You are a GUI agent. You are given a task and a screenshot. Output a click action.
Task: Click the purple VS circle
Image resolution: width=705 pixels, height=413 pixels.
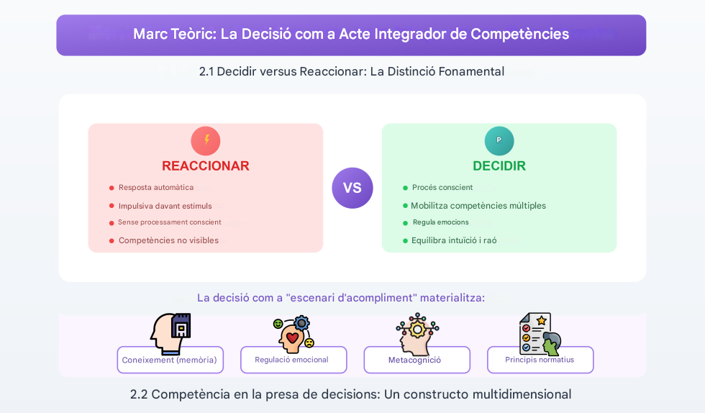pyautogui.click(x=352, y=188)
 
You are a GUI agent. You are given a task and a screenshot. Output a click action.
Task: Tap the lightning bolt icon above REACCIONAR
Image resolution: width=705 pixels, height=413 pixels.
pyautogui.click(x=206, y=140)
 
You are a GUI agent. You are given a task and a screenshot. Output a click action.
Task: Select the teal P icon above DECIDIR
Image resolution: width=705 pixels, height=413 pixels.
pyautogui.click(x=499, y=140)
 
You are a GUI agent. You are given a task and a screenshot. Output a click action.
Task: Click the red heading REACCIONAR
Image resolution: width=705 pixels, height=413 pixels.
pyautogui.click(x=206, y=165)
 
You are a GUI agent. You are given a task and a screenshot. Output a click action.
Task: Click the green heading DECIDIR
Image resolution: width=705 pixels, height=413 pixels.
pyautogui.click(x=499, y=165)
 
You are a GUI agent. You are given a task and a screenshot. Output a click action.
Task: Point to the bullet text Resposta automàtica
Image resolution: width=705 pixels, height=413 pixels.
pyautogui.click(x=156, y=188)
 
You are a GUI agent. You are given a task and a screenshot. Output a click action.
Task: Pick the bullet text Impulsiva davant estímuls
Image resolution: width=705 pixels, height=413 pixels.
pyautogui.click(x=165, y=206)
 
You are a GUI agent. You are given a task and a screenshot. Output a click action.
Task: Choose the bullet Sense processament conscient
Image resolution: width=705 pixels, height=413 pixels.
pyautogui.click(x=170, y=222)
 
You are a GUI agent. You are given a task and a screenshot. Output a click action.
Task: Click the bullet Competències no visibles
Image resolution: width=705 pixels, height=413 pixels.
pyautogui.click(x=168, y=240)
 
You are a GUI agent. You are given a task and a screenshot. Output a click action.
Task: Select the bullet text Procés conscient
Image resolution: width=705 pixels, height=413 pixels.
pyautogui.click(x=442, y=188)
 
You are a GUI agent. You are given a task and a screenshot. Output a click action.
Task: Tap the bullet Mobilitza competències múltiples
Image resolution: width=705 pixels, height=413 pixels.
pyautogui.click(x=478, y=206)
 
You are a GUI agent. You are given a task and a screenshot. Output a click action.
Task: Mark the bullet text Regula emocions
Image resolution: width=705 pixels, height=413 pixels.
pyautogui.click(x=440, y=222)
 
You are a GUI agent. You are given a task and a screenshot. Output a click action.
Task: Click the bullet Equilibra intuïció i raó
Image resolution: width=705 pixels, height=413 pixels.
pyautogui.click(x=454, y=240)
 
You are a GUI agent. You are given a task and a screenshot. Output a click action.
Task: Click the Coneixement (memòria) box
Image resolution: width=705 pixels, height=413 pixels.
pyautogui.click(x=170, y=360)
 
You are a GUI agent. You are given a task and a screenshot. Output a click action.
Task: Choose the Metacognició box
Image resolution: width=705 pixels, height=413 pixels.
pyautogui.click(x=417, y=360)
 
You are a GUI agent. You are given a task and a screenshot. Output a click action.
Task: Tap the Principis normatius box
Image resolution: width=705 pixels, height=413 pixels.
pyautogui.click(x=540, y=360)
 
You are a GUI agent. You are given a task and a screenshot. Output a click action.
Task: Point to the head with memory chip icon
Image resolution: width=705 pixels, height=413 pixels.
pyautogui.click(x=171, y=332)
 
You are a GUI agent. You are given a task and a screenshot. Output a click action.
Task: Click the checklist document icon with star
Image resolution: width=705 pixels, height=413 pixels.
pyautogui.click(x=539, y=333)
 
